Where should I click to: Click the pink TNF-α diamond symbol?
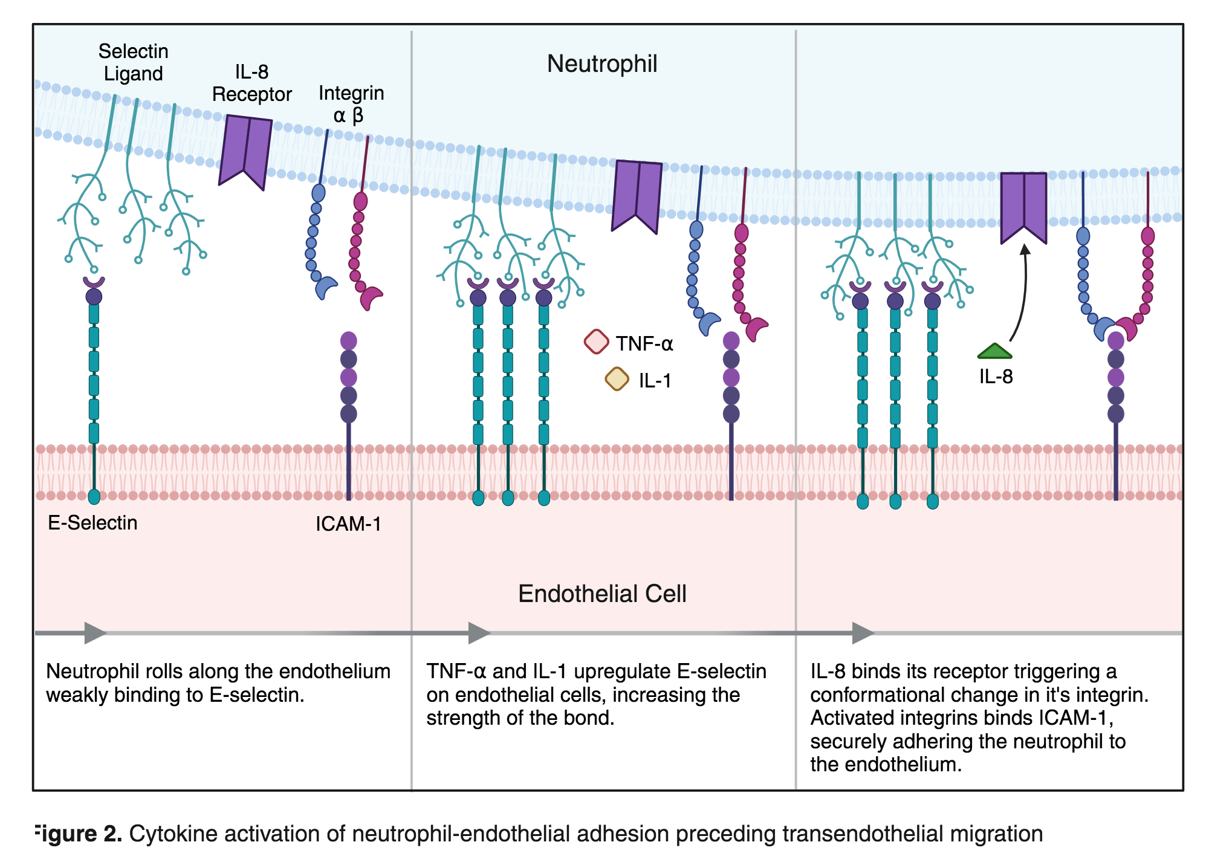click(596, 342)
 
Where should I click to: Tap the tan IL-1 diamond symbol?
click(617, 379)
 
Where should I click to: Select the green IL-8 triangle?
click(994, 351)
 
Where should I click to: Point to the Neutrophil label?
click(602, 64)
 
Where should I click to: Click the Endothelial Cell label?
click(602, 594)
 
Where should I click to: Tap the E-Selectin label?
click(92, 522)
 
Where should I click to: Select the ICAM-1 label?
click(348, 523)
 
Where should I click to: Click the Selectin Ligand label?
click(133, 62)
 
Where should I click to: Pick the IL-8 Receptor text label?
click(251, 83)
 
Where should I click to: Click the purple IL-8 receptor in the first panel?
click(245, 151)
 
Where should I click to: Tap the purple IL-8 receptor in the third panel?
click(1023, 206)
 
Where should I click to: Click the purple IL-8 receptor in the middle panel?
click(637, 195)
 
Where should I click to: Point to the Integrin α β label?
click(351, 104)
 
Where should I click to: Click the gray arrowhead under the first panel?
click(96, 633)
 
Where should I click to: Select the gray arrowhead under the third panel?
click(863, 633)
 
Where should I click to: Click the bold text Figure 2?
click(79, 834)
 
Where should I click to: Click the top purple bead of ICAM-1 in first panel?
click(349, 340)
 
